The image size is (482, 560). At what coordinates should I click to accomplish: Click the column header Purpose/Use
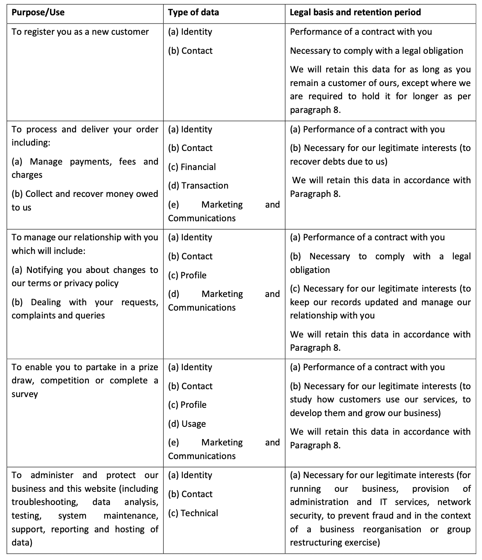(38, 12)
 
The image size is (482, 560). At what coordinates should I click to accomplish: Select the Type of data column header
(193, 12)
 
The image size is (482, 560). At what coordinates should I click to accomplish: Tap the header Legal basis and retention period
(355, 12)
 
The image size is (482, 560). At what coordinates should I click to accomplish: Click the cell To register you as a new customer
(80, 32)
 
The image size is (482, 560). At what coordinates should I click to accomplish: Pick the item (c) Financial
(192, 167)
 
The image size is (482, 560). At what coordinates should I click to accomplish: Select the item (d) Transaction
(198, 186)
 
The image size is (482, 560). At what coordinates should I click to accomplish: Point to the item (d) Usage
(187, 424)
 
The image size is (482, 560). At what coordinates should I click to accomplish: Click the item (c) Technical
(193, 513)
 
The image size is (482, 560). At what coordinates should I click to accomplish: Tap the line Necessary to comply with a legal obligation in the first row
(377, 51)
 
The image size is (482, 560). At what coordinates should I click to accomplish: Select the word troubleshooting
(45, 502)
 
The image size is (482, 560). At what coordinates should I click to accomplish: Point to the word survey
(25, 394)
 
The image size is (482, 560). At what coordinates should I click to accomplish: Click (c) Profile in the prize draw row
(187, 405)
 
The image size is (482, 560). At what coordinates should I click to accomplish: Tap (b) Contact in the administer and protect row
(190, 494)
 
